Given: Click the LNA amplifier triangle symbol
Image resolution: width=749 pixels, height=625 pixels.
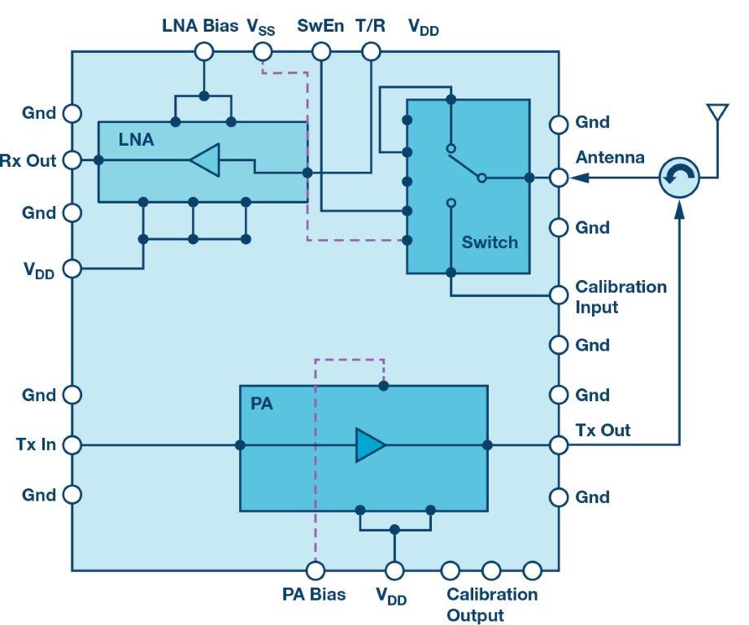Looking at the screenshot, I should coord(205,160).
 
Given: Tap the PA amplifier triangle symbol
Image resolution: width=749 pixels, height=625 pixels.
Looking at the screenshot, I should coord(370,445).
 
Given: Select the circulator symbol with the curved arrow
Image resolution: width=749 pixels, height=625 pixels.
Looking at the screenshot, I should coord(678,177).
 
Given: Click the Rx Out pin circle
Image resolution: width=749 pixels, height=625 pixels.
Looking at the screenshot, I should coord(72,160).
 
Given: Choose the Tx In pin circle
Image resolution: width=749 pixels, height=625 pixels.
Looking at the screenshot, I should coord(72,445).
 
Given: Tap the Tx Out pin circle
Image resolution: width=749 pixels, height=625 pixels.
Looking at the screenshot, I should coord(558,445).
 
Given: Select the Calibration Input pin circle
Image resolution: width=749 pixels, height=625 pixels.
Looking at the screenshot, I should coord(558,295).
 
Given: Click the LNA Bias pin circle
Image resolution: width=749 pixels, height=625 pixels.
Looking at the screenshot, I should coord(203,52).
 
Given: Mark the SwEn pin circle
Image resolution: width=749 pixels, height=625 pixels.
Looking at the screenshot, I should coord(322,52).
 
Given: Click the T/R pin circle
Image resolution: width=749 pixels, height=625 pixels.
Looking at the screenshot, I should coord(371,52).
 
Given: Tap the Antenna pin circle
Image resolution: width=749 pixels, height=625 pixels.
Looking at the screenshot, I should coord(558,177).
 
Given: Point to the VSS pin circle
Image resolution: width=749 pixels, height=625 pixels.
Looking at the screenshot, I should coord(262,52).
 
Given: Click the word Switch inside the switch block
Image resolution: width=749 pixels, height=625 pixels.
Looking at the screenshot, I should coord(490,242).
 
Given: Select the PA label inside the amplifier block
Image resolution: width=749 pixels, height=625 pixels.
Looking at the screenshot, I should coord(261,404).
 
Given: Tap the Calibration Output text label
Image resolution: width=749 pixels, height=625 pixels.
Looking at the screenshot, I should coord(491,605).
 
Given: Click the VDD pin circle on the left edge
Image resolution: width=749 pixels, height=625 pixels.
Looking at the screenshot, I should coord(72,268).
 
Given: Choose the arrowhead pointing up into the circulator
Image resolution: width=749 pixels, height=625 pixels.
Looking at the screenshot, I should coord(678,211).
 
